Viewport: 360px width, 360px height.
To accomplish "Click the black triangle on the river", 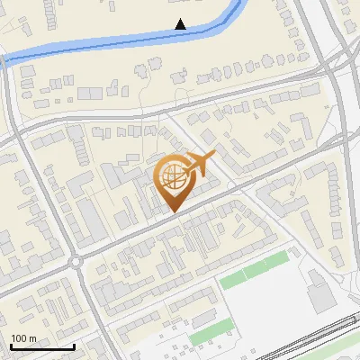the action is (180, 24).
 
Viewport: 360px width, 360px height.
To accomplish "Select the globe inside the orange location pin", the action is (172, 178).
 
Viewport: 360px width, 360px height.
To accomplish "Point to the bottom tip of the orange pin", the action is (173, 212).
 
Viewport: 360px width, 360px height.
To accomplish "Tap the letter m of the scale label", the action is (33, 338).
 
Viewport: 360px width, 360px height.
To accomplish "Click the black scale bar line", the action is (41, 346).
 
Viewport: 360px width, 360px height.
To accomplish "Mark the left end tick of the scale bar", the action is (10, 345).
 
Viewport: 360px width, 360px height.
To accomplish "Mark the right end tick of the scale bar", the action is (74, 345).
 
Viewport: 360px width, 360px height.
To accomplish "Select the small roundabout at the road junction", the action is (76, 263).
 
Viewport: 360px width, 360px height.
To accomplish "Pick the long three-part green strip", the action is (255, 269).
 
